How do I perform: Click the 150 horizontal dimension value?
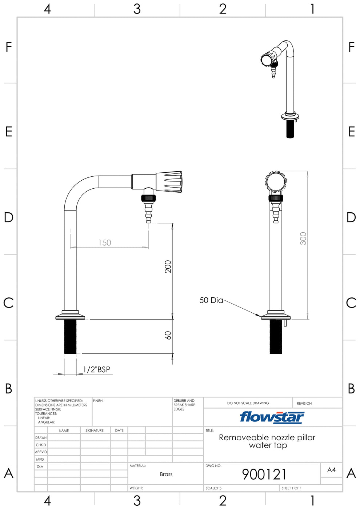point(105,243)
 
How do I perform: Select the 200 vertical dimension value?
point(168,266)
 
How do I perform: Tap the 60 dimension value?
point(168,335)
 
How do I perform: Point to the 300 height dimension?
point(303,239)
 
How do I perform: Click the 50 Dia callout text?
point(211,300)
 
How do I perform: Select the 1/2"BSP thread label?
point(97,369)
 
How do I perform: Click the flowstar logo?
point(272,417)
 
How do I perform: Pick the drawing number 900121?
point(264,474)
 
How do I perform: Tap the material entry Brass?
point(166,474)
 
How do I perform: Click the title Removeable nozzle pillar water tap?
point(267,441)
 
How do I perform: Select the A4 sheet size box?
point(331,470)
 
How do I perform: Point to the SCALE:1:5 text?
point(213,488)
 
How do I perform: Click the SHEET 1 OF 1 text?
point(291,488)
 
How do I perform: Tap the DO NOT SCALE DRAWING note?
point(248,403)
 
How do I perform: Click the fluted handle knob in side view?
point(169,182)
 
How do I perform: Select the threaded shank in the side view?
point(70,336)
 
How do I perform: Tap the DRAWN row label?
point(41,438)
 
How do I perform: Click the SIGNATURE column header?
point(95,430)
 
